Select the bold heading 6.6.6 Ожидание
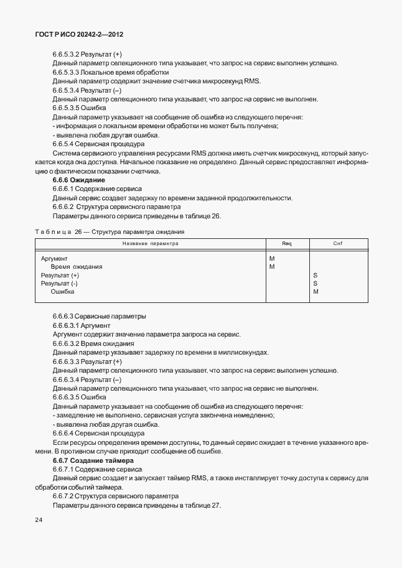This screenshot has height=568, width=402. (78, 180)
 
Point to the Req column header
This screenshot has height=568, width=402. (287, 243)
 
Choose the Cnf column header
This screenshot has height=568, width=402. (337, 243)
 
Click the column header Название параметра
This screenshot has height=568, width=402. (150, 243)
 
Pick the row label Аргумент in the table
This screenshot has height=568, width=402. (54, 258)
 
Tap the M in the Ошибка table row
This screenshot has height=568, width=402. (316, 291)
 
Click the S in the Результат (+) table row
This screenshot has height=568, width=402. (316, 275)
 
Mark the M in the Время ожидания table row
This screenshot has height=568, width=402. (271, 266)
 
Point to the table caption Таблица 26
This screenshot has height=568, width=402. (59, 231)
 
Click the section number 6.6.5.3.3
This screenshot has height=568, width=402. (70, 72)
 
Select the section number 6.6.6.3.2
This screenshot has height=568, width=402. (70, 343)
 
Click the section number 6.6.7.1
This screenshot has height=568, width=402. (66, 469)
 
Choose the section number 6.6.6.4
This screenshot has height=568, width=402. (66, 433)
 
